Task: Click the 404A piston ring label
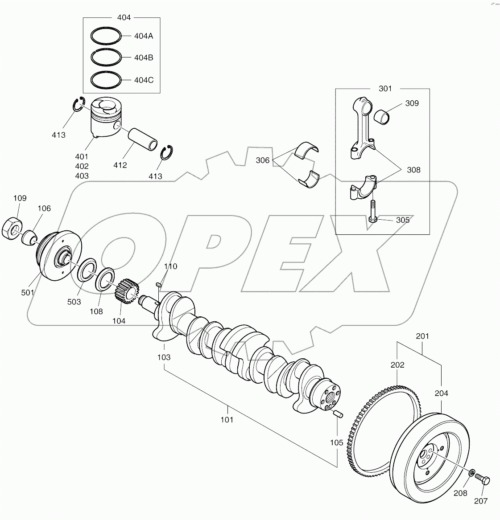tap(144, 36)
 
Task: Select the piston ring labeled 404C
tap(106, 80)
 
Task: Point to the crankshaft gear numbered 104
tap(128, 292)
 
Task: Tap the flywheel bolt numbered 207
tap(482, 480)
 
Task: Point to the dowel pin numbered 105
tap(338, 414)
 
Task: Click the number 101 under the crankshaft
tap(227, 419)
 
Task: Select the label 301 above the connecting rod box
tap(385, 89)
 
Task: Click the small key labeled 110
tap(158, 285)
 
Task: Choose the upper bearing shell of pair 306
tap(308, 150)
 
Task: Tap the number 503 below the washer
tap(74, 302)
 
